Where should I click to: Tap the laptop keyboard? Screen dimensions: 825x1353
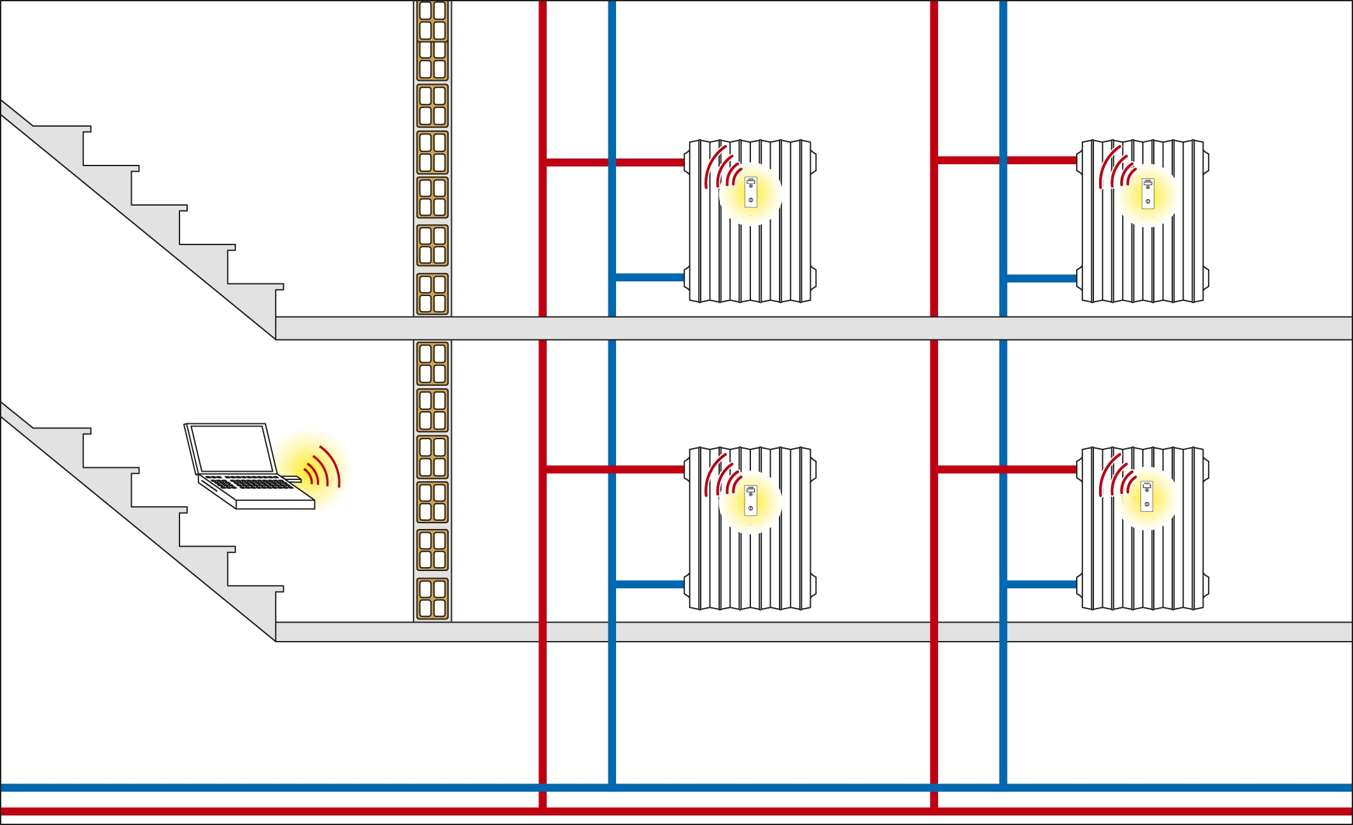point(252,484)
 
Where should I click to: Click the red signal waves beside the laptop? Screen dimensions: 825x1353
point(325,467)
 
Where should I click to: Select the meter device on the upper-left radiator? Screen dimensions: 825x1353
point(751,192)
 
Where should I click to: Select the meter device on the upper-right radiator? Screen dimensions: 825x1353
point(1147,193)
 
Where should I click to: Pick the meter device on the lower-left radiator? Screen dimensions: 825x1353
point(751,500)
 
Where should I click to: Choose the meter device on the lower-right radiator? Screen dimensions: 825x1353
point(1147,497)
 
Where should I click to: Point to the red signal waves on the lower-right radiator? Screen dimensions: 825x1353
point(1118,475)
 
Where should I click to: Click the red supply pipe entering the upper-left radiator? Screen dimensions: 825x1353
point(649,162)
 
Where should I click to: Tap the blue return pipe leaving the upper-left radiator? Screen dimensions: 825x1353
point(649,278)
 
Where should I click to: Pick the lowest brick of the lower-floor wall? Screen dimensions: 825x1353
point(433,598)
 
